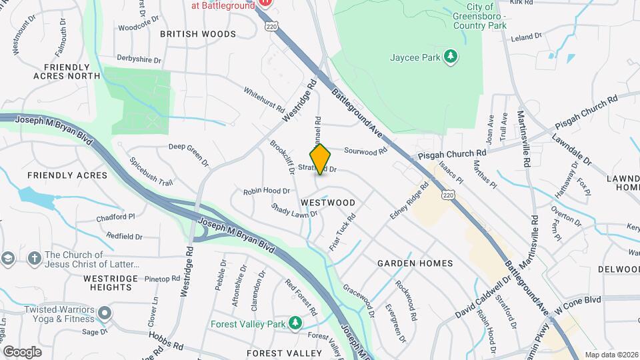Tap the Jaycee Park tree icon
click(451, 57)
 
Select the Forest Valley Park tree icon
click(295, 323)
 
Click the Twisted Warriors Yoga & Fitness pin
click(104, 313)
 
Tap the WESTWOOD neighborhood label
click(327, 201)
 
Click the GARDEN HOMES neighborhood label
click(415, 263)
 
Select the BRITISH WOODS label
click(198, 33)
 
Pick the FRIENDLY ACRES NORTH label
click(66, 71)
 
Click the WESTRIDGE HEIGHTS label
click(110, 283)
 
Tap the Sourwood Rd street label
click(365, 151)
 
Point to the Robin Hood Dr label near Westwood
click(266, 191)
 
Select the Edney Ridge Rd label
click(409, 201)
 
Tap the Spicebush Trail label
click(151, 171)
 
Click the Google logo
click(22, 351)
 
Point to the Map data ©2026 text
click(611, 355)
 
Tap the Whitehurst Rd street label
click(265, 99)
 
